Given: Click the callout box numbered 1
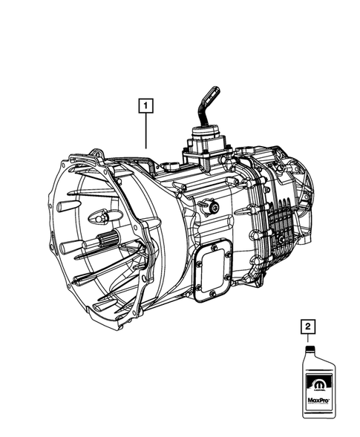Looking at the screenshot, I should click(x=145, y=106).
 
